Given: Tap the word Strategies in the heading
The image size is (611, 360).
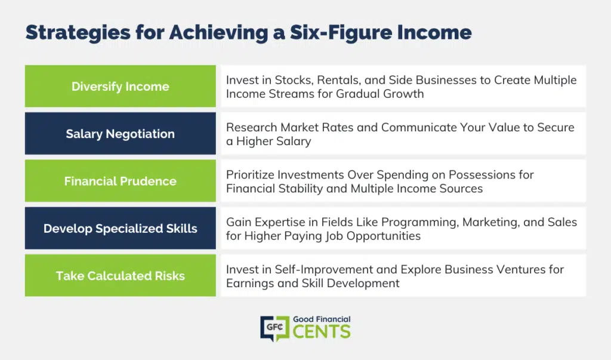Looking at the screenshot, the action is (x=78, y=33).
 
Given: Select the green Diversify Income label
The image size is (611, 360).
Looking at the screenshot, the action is (x=121, y=86).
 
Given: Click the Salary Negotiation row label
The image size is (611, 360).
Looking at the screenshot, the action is (x=121, y=134).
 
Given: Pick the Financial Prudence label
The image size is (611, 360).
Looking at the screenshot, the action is (x=121, y=181).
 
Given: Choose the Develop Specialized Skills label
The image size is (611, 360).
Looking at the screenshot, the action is (x=121, y=228).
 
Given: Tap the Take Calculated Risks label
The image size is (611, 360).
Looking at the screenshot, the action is (x=121, y=276).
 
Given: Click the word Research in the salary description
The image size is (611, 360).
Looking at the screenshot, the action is (x=252, y=128).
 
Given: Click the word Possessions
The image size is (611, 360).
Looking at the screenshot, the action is (x=482, y=175).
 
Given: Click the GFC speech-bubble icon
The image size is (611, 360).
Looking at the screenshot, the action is (x=274, y=328).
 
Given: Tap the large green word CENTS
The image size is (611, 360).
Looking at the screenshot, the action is (x=322, y=332).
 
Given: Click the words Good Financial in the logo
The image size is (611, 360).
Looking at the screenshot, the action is (x=322, y=319).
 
